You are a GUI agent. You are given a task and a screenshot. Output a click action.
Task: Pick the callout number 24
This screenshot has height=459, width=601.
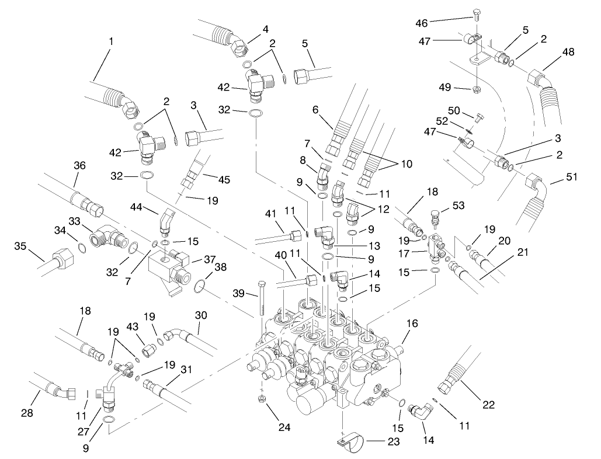(x=284, y=427)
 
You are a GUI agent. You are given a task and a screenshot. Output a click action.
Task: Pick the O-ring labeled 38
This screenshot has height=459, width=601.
(x=200, y=285)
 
